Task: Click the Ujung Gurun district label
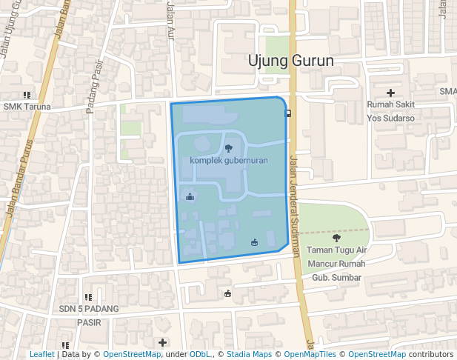(x=291, y=61)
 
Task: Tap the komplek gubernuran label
(x=228, y=160)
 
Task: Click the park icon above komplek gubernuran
(x=228, y=149)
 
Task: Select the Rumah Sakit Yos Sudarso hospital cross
(x=390, y=92)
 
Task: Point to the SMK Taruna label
(x=27, y=107)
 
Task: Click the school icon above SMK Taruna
(x=27, y=95)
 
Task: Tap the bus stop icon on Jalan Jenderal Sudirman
(x=287, y=113)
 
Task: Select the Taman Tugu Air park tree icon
(x=336, y=238)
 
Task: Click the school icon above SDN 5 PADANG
(x=89, y=296)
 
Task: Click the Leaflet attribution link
(x=42, y=355)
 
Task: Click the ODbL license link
(x=199, y=355)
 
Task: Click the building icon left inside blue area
(x=190, y=196)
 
